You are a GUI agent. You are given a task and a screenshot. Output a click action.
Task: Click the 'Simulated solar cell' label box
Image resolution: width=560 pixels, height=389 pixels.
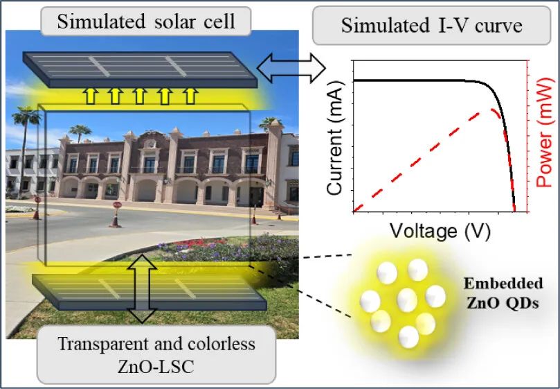(146, 21)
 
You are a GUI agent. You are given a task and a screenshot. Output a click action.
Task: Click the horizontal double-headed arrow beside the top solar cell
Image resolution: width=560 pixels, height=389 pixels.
(291, 68)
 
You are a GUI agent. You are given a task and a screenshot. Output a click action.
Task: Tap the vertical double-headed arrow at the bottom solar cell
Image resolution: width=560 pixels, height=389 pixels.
(143, 287)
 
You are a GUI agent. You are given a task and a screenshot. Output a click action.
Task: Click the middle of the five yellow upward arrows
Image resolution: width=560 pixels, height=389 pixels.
(140, 95)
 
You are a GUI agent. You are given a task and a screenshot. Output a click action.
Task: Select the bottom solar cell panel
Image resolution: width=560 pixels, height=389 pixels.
(149, 291)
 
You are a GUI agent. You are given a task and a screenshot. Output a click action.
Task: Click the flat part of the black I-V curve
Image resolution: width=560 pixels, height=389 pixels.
(415, 80)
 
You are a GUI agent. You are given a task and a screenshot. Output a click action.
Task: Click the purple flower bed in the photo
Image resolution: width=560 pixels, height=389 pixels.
(208, 243)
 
